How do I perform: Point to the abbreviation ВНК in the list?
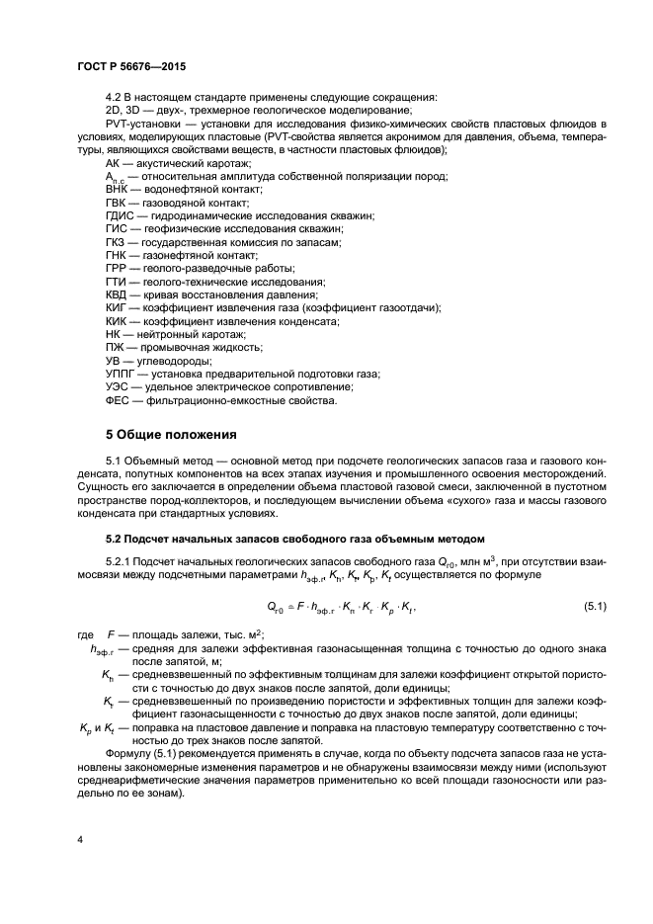point(118,188)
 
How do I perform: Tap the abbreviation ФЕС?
point(119,400)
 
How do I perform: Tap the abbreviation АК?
point(114,162)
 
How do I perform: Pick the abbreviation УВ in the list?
point(114,361)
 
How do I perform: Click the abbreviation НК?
point(114,334)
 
